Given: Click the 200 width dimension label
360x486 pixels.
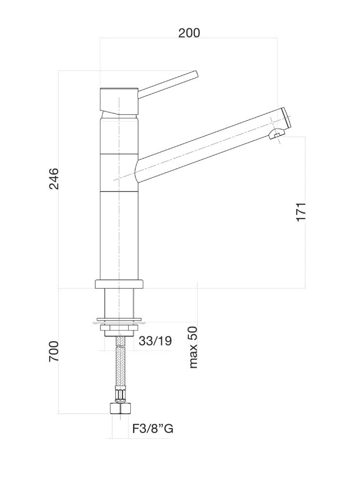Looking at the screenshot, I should [189, 33].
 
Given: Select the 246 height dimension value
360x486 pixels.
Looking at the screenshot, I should [53, 179].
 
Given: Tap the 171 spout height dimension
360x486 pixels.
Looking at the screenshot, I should [301, 211].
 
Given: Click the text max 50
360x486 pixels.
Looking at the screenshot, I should [193, 347].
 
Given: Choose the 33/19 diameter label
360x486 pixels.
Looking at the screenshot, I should [155, 341].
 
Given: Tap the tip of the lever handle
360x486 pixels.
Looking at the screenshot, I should [196, 74].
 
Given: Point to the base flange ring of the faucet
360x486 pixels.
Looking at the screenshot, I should [119, 285].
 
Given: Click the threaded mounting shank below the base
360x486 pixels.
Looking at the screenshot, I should [119, 304].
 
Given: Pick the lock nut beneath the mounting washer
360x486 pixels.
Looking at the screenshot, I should [119, 330].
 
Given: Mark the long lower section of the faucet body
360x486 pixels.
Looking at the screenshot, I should [119, 236].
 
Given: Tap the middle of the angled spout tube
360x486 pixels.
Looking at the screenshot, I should [204, 146].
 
